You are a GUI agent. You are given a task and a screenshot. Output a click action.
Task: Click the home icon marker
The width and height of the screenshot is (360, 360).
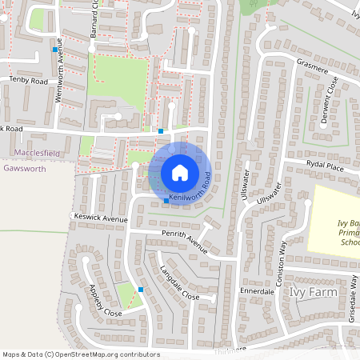179,173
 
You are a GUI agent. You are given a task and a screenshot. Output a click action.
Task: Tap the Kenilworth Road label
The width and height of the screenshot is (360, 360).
190,190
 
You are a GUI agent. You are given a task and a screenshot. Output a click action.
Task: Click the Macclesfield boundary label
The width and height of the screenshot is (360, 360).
37,152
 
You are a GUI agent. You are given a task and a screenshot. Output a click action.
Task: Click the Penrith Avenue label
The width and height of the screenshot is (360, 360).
184,240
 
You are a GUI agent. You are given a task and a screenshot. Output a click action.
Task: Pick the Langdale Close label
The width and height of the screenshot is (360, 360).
179,282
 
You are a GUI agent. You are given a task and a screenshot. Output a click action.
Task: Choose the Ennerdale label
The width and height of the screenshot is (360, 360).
258,292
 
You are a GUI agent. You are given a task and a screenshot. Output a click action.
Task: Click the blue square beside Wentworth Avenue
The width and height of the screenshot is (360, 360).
54,50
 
